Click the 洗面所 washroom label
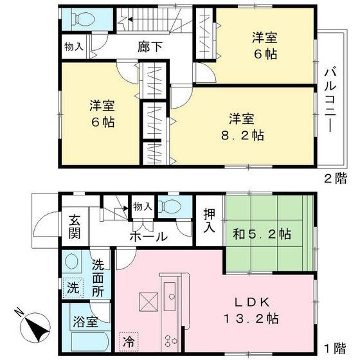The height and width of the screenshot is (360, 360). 97,276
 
